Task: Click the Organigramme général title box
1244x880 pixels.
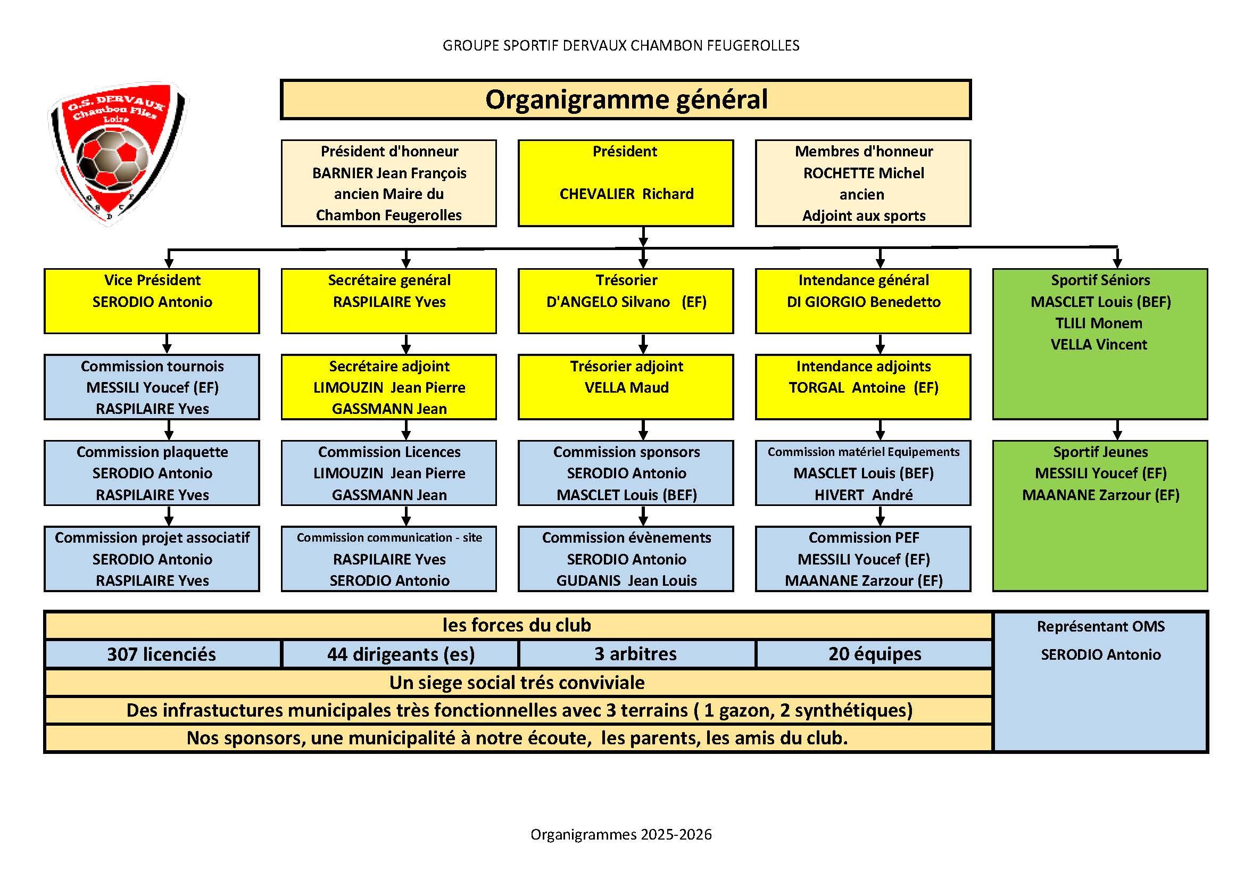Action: tap(626, 99)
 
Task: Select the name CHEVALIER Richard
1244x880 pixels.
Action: tap(626, 194)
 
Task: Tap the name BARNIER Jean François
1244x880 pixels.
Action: tap(389, 173)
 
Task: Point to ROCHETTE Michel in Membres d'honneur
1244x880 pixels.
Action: tap(864, 173)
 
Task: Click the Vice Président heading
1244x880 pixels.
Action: tap(152, 280)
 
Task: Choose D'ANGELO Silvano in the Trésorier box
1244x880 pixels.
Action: tap(608, 302)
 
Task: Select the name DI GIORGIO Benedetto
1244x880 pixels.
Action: tap(864, 302)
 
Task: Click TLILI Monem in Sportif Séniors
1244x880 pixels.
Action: tap(1099, 323)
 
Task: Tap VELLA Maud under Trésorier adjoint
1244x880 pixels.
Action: tap(626, 387)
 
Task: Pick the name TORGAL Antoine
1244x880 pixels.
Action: tap(847, 387)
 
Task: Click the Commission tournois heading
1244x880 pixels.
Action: tap(152, 366)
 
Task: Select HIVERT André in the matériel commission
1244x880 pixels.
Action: tap(864, 495)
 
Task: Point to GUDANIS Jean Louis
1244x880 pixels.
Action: tap(626, 580)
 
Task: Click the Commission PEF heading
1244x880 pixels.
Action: tap(864, 537)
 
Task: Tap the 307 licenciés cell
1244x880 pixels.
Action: tap(162, 654)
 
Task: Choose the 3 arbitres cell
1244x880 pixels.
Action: tap(636, 654)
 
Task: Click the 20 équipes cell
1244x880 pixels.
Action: tap(874, 654)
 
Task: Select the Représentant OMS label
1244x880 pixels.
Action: tap(1100, 626)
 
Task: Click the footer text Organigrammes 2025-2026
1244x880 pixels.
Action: tap(621, 834)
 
